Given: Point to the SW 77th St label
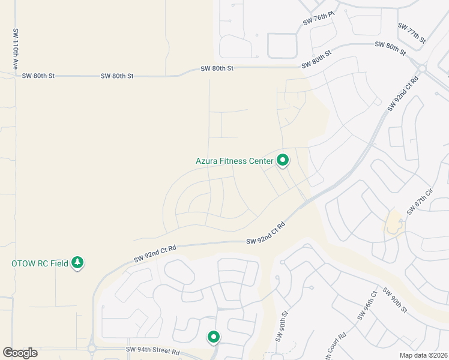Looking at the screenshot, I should pyautogui.click(x=412, y=33).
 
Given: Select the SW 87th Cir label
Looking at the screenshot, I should pyautogui.click(x=420, y=201).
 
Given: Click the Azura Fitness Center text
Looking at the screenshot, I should pyautogui.click(x=234, y=161).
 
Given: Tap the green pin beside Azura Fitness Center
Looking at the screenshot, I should pyautogui.click(x=282, y=160).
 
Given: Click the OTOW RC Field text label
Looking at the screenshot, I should pyautogui.click(x=40, y=263).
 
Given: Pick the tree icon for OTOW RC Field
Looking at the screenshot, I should pyautogui.click(x=77, y=263).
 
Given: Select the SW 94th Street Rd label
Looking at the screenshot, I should pyautogui.click(x=153, y=350).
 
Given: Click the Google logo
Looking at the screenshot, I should pyautogui.click(x=20, y=353).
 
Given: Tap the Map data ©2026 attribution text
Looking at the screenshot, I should pyautogui.click(x=423, y=355).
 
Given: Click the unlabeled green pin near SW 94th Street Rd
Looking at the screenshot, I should pyautogui.click(x=213, y=337).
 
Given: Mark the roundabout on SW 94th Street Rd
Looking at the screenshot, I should pyautogui.click(x=92, y=348).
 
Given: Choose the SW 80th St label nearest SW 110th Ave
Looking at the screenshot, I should pyautogui.click(x=38, y=76).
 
